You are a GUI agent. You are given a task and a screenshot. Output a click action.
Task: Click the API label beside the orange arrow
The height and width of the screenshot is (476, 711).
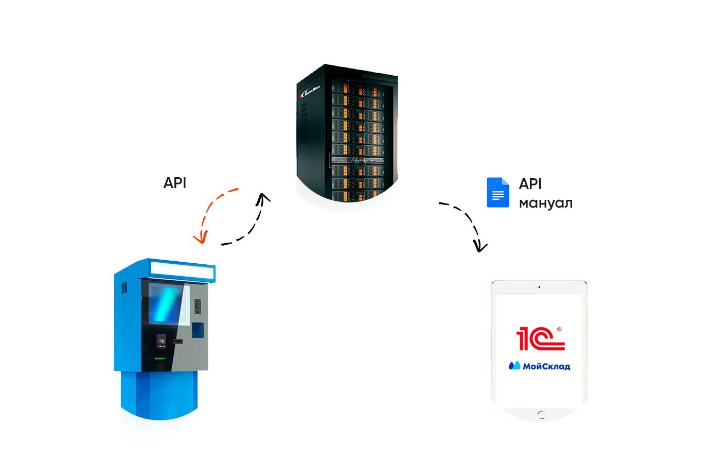[174, 183]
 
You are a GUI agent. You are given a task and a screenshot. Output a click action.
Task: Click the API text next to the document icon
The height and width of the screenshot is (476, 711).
[530, 184]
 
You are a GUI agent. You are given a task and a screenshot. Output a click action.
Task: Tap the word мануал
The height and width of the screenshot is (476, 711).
[545, 203]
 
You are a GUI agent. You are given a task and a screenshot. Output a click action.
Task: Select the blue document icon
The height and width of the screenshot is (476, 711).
[497, 193]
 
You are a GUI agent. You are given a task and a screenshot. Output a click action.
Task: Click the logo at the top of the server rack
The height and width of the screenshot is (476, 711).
[309, 93]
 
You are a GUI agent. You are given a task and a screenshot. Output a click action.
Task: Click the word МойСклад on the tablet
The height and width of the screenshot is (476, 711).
[546, 366]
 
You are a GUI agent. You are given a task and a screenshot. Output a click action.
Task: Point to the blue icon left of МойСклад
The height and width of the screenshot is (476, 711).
[514, 366]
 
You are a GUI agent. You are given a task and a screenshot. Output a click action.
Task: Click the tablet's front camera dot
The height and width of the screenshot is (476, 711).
[539, 287]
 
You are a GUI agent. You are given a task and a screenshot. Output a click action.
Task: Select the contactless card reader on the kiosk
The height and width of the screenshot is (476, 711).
[162, 340]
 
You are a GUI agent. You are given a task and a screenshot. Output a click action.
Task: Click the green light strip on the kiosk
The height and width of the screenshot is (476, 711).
[160, 359]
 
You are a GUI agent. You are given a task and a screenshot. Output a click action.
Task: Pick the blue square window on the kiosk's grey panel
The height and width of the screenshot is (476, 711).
[198, 330]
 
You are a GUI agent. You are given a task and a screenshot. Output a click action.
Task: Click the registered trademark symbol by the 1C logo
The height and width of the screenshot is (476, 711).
[559, 329]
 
